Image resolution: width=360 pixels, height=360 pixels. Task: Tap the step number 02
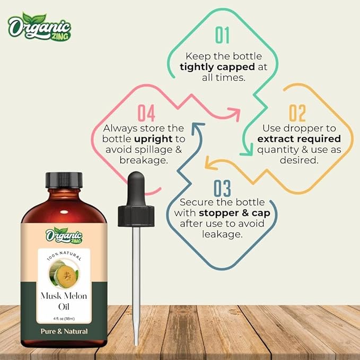pos(297,113)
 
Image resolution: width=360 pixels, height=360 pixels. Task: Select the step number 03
pos(223,188)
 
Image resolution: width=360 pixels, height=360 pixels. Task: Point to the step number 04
pos(146,113)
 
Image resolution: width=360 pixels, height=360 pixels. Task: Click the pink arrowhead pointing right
pos(234,112)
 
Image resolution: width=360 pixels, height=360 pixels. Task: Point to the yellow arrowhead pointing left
pos(209,165)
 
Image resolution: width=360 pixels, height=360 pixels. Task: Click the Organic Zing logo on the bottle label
pos(63,234)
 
